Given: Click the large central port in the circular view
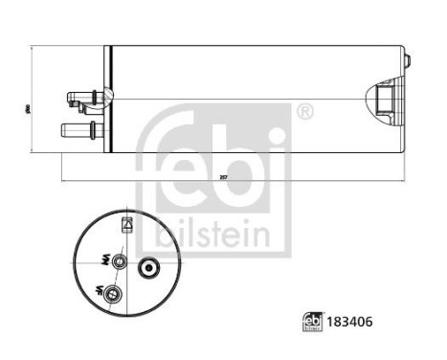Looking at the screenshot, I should [150, 267].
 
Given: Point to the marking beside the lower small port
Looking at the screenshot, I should [99, 289].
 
